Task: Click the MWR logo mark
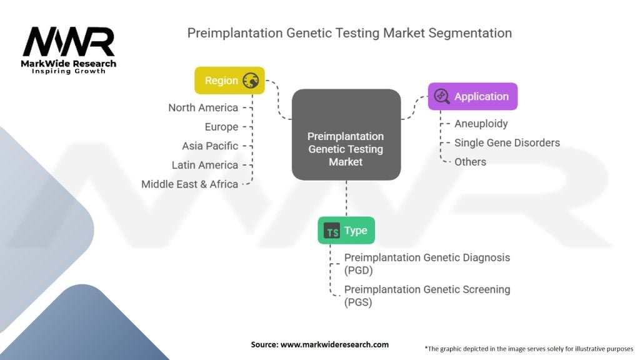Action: point(69,42)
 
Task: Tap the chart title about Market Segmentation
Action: point(349,33)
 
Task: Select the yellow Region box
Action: point(229,81)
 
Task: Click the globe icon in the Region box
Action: point(251,81)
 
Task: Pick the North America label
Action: point(203,107)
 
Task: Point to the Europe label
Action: point(222,127)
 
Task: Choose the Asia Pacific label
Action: point(210,146)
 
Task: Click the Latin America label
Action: point(205,165)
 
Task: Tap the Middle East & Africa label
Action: point(190,184)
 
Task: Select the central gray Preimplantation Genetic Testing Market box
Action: point(346,135)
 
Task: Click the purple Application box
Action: point(472,96)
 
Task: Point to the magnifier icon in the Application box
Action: point(442,96)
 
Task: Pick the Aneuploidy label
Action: point(481,124)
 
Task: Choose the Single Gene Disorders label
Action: point(507,143)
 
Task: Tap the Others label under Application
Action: point(470,162)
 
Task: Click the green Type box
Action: point(346,231)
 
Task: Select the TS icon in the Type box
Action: point(331,231)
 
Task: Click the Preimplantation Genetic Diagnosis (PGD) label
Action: point(427,264)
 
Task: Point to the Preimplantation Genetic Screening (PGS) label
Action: point(427,296)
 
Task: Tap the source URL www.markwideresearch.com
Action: point(335,344)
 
